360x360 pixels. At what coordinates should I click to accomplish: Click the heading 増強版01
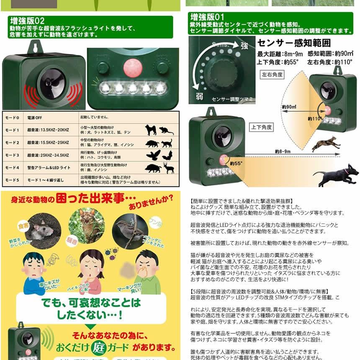coord(208,17)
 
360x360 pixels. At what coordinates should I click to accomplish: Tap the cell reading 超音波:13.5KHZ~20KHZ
coord(46,130)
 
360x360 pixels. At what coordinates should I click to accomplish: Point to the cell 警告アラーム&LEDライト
coord(46,167)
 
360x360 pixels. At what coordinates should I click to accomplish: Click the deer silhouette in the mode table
coord(169,168)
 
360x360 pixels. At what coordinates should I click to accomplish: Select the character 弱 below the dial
coord(199,96)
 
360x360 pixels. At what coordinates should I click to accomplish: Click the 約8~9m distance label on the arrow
coord(283,151)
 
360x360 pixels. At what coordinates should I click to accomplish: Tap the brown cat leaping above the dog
coord(326,144)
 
